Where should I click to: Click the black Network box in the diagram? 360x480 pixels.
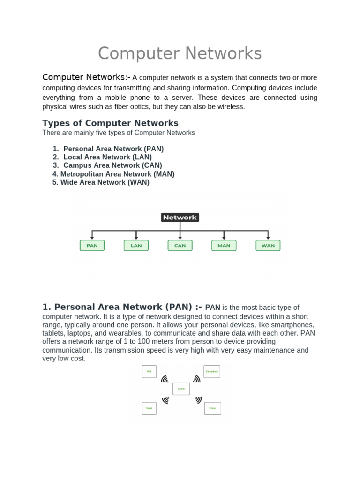point(180,217)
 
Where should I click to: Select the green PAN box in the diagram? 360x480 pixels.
point(92,245)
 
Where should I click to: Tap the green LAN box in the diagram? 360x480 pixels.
point(136,245)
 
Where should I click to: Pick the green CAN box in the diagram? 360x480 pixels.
point(180,245)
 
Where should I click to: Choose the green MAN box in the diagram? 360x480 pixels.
point(224,245)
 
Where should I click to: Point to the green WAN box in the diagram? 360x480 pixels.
point(268,245)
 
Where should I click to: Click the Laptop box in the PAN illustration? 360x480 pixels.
point(181,389)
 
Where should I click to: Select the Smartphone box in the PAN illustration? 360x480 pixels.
point(212,372)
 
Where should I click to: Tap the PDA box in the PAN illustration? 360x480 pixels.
point(149,372)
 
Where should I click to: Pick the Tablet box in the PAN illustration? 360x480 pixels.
point(149,408)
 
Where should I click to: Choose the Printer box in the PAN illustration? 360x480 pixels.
point(212,408)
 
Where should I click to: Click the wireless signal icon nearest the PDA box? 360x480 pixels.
point(165,379)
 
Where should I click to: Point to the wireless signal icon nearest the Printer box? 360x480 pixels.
point(198,400)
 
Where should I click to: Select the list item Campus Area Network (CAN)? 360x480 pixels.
point(112,165)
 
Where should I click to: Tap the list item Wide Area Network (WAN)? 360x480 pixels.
point(105,182)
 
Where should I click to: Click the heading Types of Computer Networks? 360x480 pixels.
point(110,123)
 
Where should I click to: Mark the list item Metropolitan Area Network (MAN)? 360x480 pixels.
point(117,174)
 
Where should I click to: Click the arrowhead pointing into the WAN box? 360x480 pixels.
point(268,238)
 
